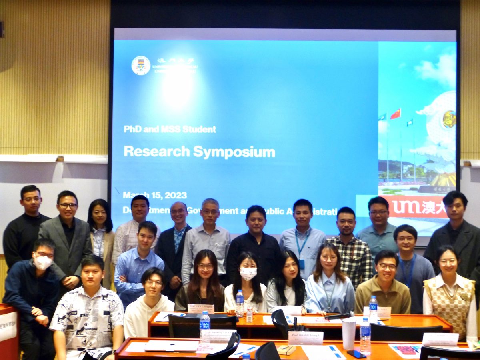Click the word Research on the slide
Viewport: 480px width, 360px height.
[156, 151]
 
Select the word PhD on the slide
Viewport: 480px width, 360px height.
[132, 129]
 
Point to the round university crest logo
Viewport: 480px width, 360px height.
[141, 66]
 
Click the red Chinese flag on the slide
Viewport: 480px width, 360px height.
[395, 114]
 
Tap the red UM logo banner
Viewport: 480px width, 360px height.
[416, 207]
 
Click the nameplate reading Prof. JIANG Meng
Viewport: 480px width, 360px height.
[305, 337]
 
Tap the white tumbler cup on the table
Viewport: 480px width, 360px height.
[348, 333]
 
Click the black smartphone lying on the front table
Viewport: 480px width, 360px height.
[356, 354]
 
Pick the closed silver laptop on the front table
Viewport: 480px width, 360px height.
[171, 346]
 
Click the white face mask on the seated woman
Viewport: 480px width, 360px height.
[248, 274]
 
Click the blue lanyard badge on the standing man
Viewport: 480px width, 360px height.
[301, 264]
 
